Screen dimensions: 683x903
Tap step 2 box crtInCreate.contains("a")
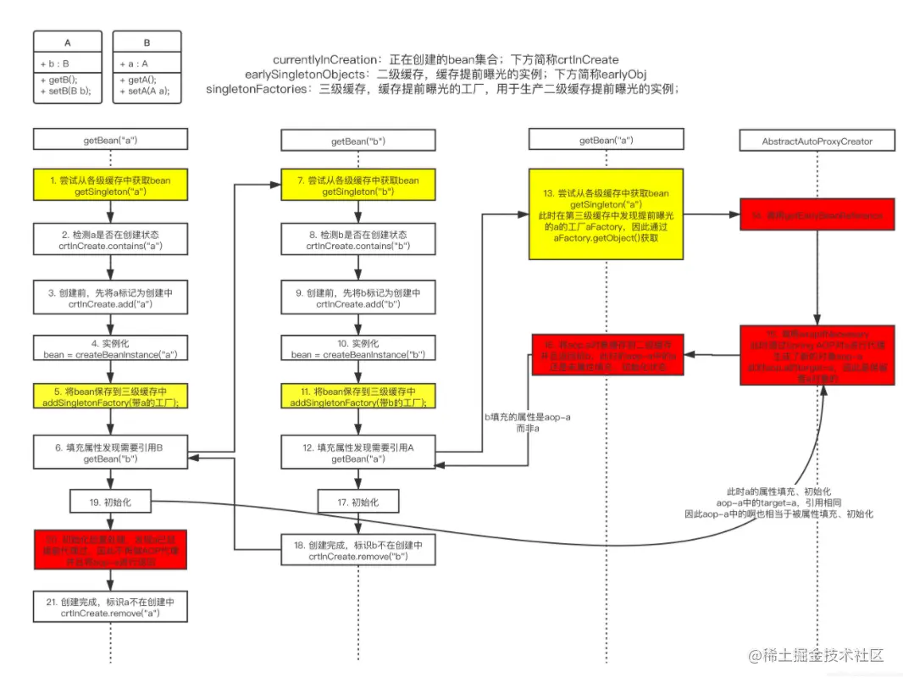[x=110, y=240]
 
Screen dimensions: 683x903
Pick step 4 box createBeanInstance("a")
[x=110, y=348]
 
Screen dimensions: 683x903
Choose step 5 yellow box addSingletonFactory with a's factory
[x=110, y=396]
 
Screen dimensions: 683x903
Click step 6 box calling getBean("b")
[x=110, y=452]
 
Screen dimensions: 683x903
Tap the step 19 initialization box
[x=110, y=501]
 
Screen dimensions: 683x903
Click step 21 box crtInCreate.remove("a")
[x=110, y=607]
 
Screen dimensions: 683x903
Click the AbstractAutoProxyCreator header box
[x=817, y=141]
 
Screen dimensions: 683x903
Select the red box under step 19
[x=110, y=552]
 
